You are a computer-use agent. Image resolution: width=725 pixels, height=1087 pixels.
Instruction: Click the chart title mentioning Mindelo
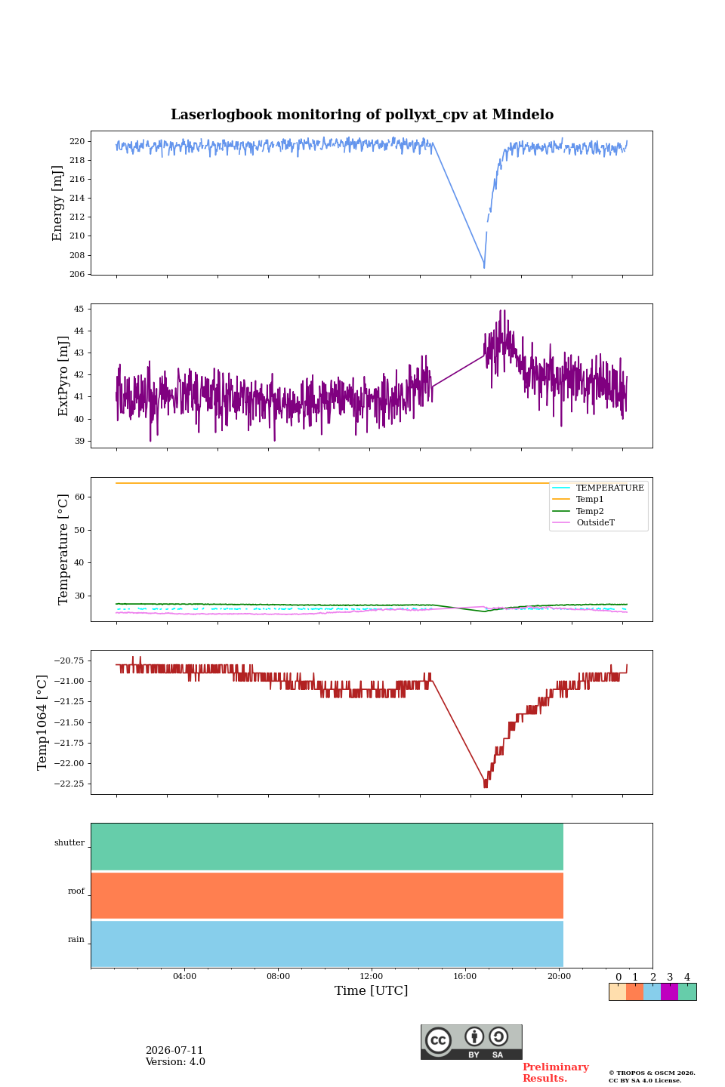coord(362,115)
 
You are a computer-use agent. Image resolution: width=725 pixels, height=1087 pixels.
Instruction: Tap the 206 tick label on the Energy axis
coord(77,274)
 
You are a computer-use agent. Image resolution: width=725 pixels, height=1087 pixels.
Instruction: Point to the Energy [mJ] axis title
coord(57,203)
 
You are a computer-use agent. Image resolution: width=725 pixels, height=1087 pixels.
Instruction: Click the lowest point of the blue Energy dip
coord(483,267)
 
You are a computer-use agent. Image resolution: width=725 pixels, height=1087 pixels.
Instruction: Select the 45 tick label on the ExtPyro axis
coord(79,309)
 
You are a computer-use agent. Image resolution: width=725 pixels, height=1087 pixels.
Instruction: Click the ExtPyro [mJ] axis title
coord(63,376)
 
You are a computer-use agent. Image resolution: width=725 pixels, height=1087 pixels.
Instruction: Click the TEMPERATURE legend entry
coord(598,487)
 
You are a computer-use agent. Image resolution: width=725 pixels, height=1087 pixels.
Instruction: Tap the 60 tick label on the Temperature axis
coord(79,497)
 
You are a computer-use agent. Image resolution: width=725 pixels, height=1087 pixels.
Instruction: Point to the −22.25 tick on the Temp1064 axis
coord(69,784)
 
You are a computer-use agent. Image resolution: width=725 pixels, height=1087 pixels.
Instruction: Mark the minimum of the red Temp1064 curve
coord(486,786)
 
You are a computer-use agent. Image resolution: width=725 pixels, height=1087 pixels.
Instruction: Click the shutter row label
coord(69,842)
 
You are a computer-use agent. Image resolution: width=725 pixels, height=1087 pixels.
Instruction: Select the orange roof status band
coord(327,895)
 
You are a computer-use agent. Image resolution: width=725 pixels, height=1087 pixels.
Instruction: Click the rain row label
coord(76,939)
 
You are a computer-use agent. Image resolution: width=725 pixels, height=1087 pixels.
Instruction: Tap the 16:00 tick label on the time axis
coord(464,976)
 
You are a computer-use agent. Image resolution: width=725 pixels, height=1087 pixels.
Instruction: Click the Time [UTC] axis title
coord(371,990)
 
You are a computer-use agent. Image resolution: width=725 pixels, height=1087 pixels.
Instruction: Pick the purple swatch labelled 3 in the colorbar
coord(669,991)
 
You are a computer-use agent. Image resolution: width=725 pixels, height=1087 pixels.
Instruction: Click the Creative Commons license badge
coord(471,1042)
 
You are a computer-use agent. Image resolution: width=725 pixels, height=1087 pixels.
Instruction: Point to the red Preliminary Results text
coord(556,1073)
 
